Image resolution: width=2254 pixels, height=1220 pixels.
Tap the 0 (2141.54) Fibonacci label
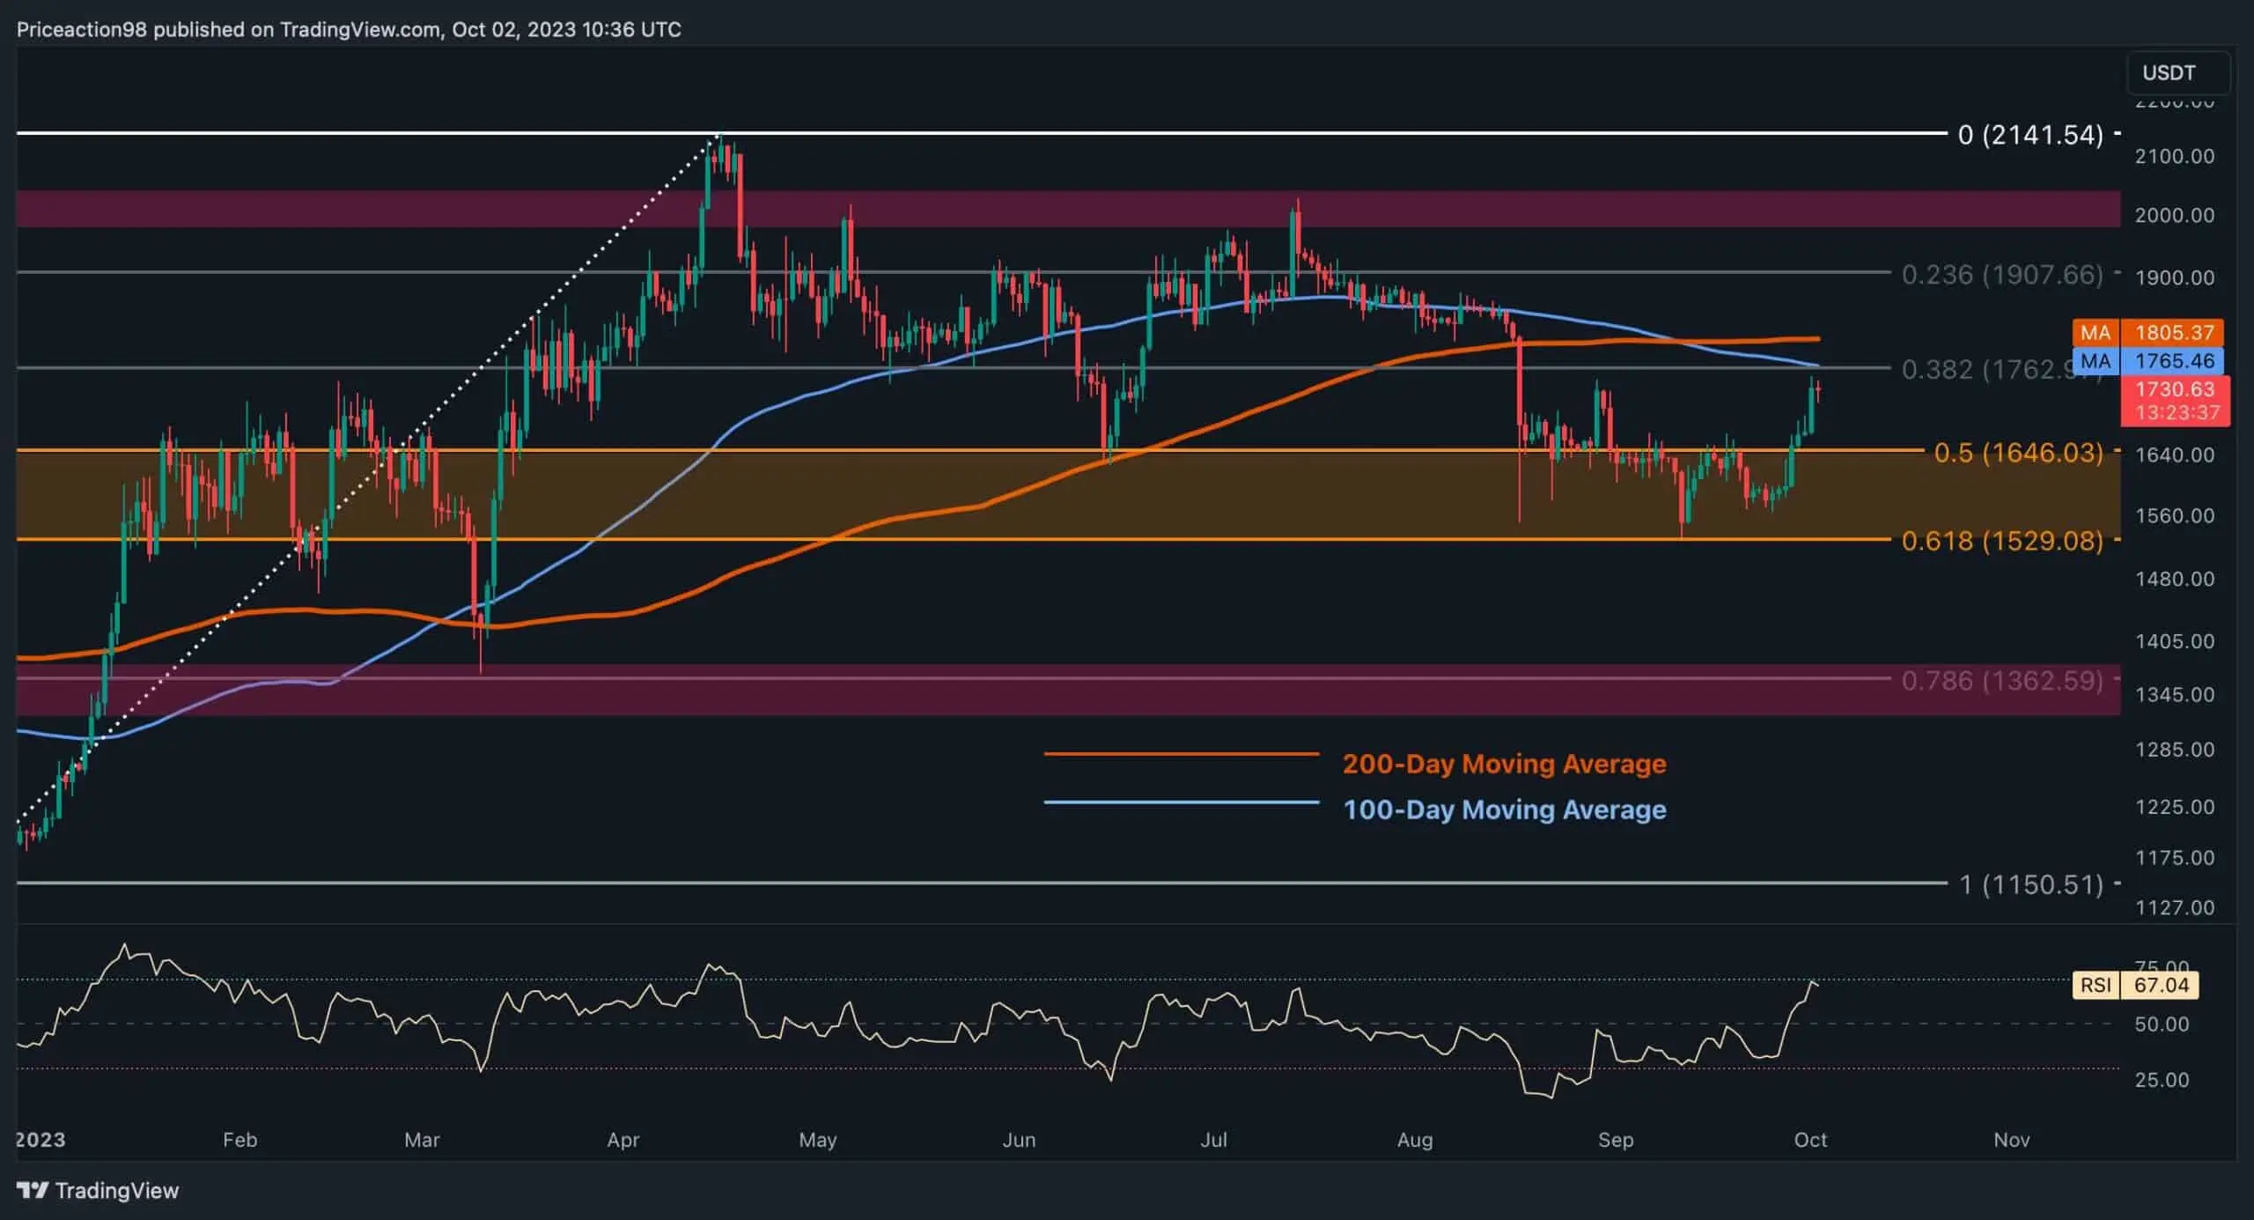pyautogui.click(x=2029, y=135)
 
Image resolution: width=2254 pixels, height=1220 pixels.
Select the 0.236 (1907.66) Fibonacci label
pyautogui.click(x=2001, y=275)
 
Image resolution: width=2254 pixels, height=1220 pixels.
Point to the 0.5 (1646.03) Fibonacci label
pyautogui.click(x=2017, y=453)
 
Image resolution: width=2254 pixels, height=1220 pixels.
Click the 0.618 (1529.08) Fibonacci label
pyautogui.click(x=2001, y=540)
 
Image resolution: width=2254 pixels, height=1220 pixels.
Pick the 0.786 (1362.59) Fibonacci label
pyautogui.click(x=2001, y=680)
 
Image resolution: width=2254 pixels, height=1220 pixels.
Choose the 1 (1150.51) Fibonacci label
pyautogui.click(x=2030, y=884)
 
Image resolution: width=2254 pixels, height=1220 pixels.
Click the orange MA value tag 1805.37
pyautogui.click(x=2172, y=332)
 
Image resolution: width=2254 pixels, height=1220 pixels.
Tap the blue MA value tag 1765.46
pyautogui.click(x=2172, y=361)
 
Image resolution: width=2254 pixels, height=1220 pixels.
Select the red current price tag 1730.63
pyautogui.click(x=2174, y=389)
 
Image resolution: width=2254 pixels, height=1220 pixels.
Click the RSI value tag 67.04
pyautogui.click(x=2160, y=985)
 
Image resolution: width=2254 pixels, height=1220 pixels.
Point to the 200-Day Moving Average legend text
pyautogui.click(x=1504, y=764)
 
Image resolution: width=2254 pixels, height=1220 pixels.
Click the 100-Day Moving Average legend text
pyautogui.click(x=1504, y=810)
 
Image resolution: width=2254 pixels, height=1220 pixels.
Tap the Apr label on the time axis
pyautogui.click(x=623, y=1140)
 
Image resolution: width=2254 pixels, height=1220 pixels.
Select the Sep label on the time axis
pyautogui.click(x=1616, y=1140)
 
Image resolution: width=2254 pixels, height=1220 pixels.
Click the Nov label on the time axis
pyautogui.click(x=2012, y=1140)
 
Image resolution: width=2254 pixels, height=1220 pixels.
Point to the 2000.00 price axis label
pyautogui.click(x=2174, y=216)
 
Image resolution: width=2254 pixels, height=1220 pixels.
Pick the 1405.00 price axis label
pyautogui.click(x=2174, y=641)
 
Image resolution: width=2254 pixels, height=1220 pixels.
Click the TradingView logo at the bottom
pyautogui.click(x=98, y=1191)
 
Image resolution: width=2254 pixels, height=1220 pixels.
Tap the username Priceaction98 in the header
pyautogui.click(x=82, y=30)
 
